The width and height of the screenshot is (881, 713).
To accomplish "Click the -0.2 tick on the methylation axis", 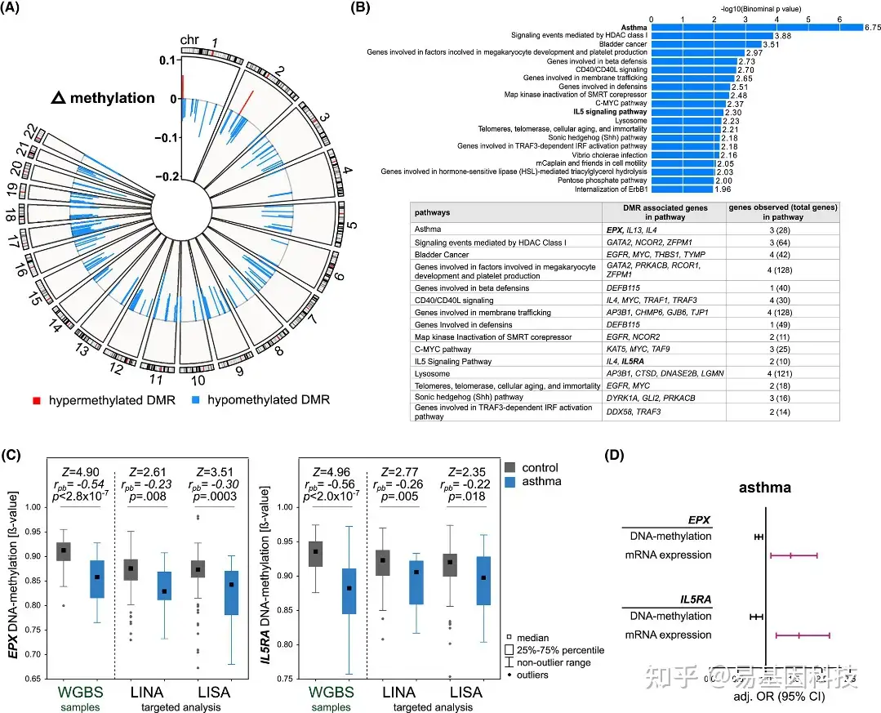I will tap(169, 176).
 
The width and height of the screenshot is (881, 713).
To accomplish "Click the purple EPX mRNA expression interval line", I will tap(794, 555).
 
